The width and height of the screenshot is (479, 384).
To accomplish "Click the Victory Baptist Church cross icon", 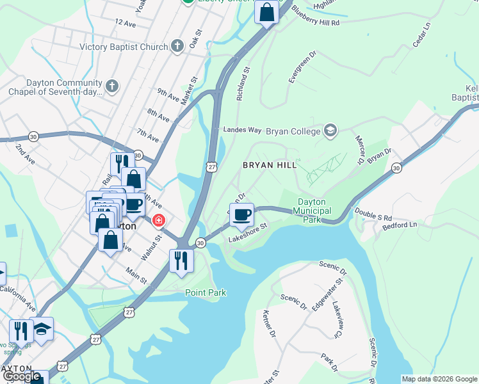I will tap(177, 46).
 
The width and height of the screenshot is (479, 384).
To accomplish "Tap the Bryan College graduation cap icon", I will tap(330, 130).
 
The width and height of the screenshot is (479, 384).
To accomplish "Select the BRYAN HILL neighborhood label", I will tap(270, 165).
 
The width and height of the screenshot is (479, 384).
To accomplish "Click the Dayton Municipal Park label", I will tap(313, 211).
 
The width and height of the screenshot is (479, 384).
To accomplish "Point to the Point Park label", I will tap(206, 292).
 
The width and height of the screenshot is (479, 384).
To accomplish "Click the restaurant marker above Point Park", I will tap(181, 260).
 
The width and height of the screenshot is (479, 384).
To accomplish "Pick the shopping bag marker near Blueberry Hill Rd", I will tap(266, 12).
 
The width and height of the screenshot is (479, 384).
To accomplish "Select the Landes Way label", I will tap(242, 130).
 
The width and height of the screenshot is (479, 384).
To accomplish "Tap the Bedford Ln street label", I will tap(399, 225).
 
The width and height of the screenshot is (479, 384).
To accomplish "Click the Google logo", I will tap(22, 376).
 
